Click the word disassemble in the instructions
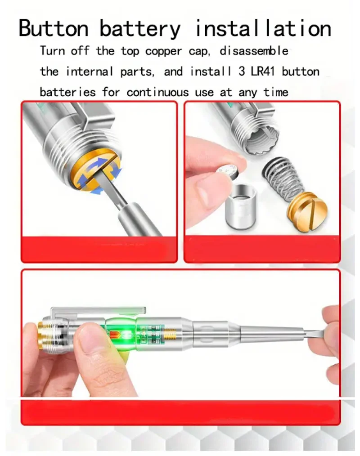(254, 51)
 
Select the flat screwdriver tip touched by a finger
(315, 333)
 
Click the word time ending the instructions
(275, 92)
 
